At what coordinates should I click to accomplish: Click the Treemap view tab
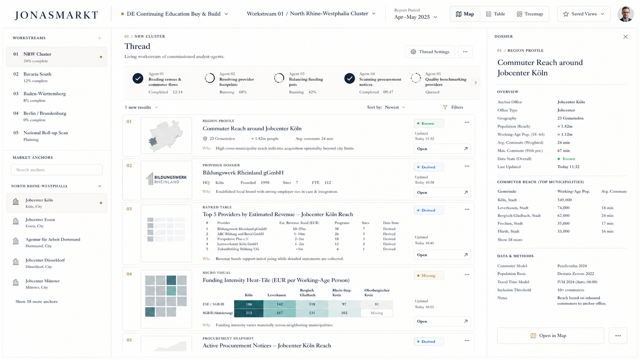pos(530,14)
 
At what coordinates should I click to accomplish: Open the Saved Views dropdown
pos(583,14)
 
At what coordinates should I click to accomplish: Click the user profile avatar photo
pos(625,14)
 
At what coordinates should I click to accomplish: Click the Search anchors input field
pos(57,169)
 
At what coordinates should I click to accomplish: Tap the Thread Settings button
pos(430,52)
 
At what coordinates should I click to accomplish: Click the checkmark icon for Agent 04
pos(349,78)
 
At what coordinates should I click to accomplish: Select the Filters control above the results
pos(453,107)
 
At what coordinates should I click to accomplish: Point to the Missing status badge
pos(429,275)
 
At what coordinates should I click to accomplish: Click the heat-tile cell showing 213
pos(248,313)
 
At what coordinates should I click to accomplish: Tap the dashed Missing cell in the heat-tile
pos(377,313)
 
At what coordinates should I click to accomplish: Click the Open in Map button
pos(550,336)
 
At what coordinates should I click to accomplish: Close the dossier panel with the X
pos(625,37)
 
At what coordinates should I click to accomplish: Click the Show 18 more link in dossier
pos(510,239)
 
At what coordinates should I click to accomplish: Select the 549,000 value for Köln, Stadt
pos(564,200)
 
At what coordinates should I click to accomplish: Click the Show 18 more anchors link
pos(37,301)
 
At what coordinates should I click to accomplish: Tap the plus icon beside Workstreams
pos(100,38)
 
